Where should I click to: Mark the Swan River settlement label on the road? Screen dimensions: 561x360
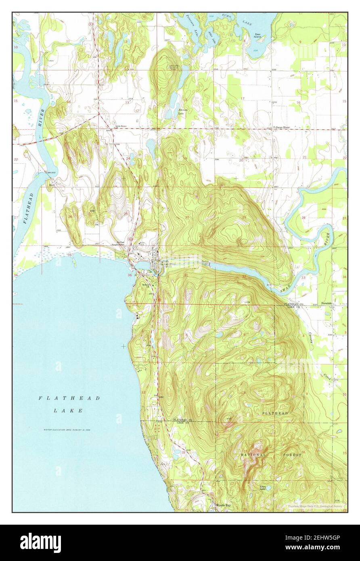pos(282,127)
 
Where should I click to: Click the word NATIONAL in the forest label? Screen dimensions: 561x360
pos(253,455)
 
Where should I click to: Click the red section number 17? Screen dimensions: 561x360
pos(243,98)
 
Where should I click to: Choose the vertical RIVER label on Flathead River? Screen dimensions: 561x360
pos(40,118)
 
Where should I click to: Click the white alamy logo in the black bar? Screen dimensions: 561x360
pos(40,542)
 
